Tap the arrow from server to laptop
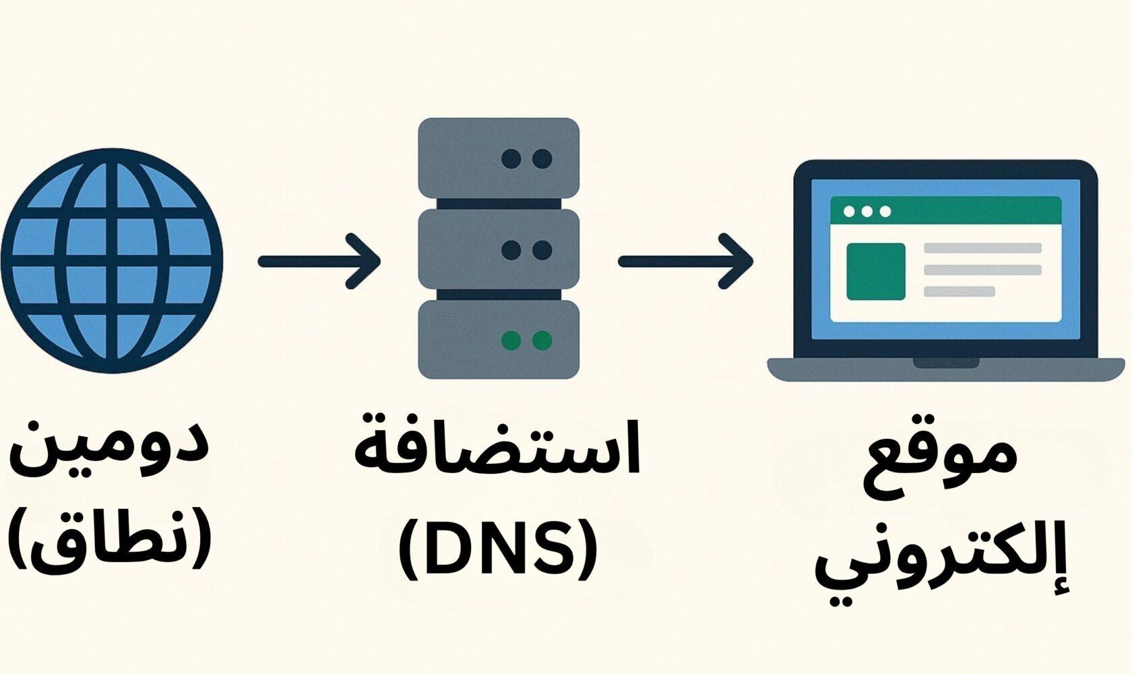click(685, 261)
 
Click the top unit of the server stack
click(498, 158)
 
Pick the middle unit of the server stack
click(498, 249)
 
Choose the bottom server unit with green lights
click(498, 340)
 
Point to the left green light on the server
click(511, 340)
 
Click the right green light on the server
click(542, 340)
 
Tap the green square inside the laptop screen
click(875, 271)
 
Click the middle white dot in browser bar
click(867, 212)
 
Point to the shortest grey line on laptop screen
click(959, 291)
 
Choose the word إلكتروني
click(942, 566)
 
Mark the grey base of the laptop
click(945, 369)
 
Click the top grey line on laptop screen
click(982, 248)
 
